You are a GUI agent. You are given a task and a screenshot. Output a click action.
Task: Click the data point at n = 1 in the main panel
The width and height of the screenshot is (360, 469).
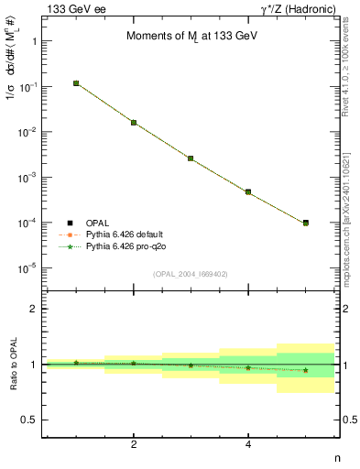pyautogui.click(x=76, y=83)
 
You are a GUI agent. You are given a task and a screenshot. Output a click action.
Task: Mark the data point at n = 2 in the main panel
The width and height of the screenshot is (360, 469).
pyautogui.click(x=134, y=123)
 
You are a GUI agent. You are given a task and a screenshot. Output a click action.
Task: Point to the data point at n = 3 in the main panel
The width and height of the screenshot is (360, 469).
pyautogui.click(x=191, y=158)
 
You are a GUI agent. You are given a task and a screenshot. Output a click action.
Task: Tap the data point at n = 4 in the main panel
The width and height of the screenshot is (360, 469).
pyautogui.click(x=248, y=192)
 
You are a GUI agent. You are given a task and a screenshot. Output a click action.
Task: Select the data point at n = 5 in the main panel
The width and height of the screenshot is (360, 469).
pyautogui.click(x=305, y=223)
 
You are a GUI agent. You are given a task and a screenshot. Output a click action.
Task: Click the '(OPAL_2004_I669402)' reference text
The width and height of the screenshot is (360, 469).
pyautogui.click(x=191, y=274)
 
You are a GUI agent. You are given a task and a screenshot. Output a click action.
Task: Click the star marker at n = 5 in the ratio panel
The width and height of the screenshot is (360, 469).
pyautogui.click(x=305, y=370)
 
